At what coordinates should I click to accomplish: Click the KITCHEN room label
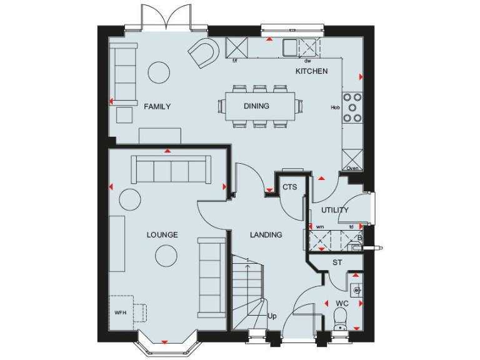point(311,72)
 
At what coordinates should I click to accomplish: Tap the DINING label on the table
point(256,106)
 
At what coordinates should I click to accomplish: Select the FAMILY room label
point(157,107)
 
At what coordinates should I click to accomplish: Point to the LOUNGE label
point(162,235)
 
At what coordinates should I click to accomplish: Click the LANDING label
point(266,235)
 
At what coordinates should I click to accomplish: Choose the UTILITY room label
point(335,210)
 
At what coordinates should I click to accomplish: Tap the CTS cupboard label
point(289,187)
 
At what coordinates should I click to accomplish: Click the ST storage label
point(337,262)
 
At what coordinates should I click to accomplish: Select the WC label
point(342,304)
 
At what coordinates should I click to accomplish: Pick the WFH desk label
point(120,312)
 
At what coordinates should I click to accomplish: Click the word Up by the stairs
point(272,316)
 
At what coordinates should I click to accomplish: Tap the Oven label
point(352,168)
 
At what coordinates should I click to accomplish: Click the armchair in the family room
point(204,52)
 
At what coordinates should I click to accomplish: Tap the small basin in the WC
point(356,289)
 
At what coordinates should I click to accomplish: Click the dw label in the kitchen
point(307,61)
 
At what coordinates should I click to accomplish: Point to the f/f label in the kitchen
point(235,61)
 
